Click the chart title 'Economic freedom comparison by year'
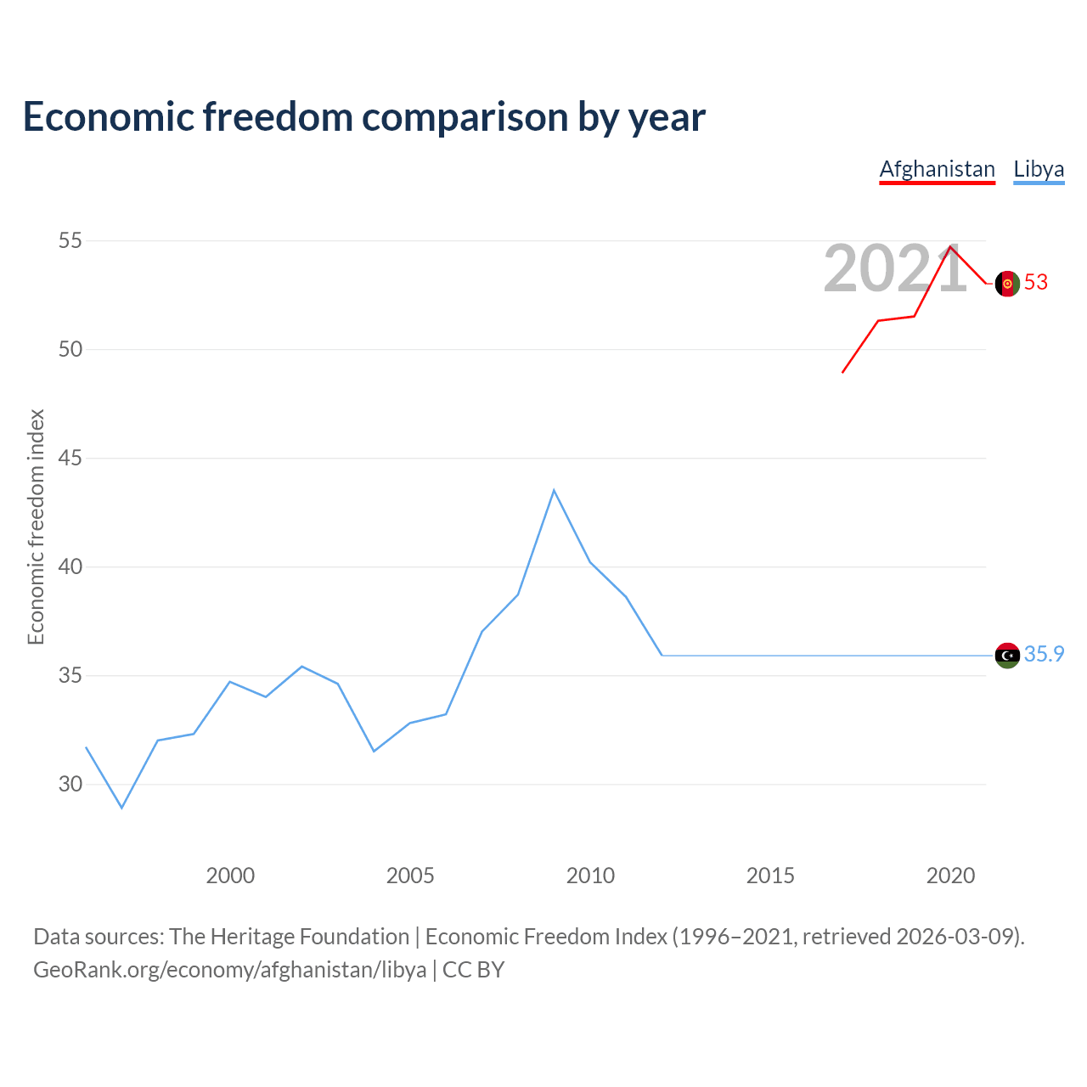pos(363,117)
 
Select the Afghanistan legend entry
pos(937,169)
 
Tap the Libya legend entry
pos(1039,169)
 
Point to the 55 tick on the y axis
pos(70,240)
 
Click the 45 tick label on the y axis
pos(70,459)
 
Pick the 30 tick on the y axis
pos(70,784)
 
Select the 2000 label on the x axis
pos(230,876)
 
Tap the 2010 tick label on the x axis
pos(590,876)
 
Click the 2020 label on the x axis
pos(950,876)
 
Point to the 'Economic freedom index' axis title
pos(36,527)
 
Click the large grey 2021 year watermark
pos(894,269)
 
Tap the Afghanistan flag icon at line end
pos(1007,284)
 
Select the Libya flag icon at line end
pos(1007,656)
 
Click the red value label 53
pos(1036,283)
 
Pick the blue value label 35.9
pos(1044,654)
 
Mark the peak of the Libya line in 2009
pos(554,490)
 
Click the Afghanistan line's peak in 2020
pos(950,247)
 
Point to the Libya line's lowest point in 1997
pos(121,807)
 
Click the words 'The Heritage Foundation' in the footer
pos(289,937)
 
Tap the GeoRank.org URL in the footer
pos(229,970)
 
